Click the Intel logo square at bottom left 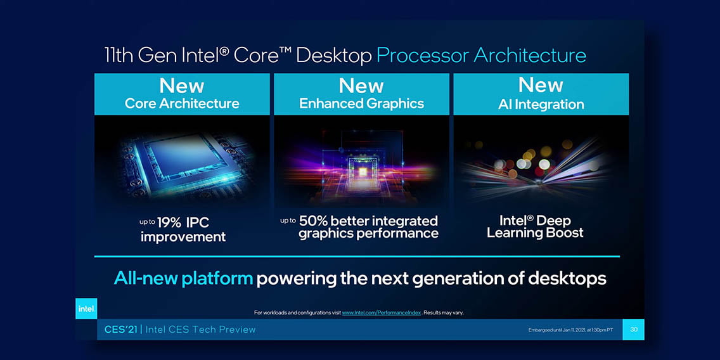(x=86, y=309)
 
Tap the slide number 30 (x=634, y=330)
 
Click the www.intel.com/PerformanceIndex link (x=381, y=312)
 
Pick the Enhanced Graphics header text (x=361, y=103)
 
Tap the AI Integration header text (x=541, y=104)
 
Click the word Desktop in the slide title (x=334, y=56)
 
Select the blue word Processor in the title (x=423, y=56)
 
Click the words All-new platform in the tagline (x=183, y=278)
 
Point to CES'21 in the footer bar (x=121, y=330)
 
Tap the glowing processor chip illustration (x=184, y=163)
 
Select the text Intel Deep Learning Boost (x=535, y=226)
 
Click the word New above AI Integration (x=541, y=86)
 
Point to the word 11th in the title (x=120, y=56)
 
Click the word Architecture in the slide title (x=530, y=56)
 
